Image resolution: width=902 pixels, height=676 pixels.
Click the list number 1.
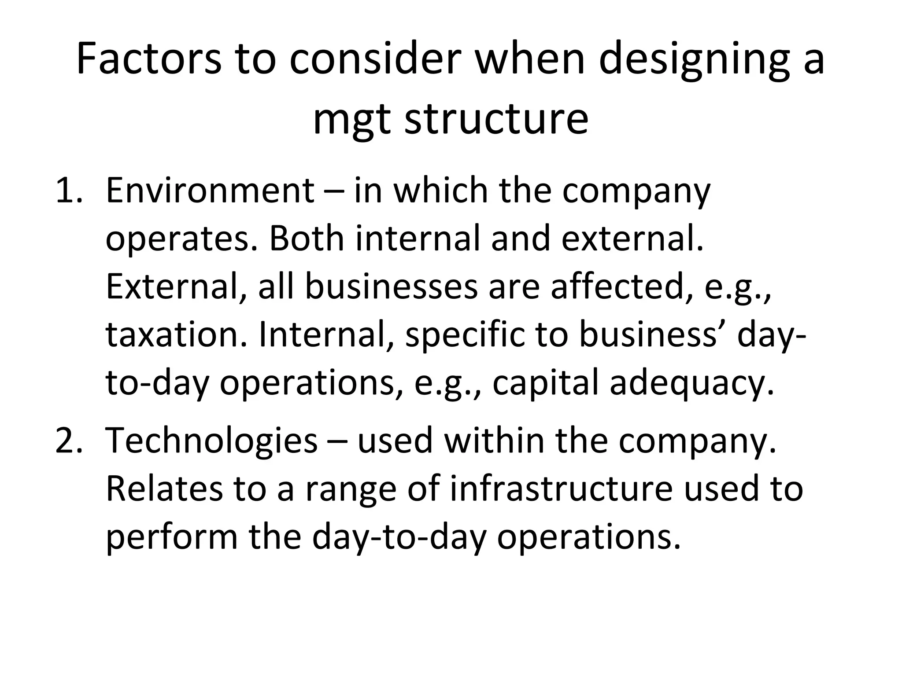(68, 191)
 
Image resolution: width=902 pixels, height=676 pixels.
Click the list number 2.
(68, 441)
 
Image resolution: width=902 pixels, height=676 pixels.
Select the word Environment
(210, 191)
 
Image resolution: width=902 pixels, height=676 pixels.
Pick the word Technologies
(211, 441)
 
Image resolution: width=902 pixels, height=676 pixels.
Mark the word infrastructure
(561, 489)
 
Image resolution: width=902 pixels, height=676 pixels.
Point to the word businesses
(391, 287)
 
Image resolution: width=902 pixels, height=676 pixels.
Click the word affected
(622, 287)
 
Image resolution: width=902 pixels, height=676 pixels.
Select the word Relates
(164, 489)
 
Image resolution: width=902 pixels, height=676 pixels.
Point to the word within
(494, 441)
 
